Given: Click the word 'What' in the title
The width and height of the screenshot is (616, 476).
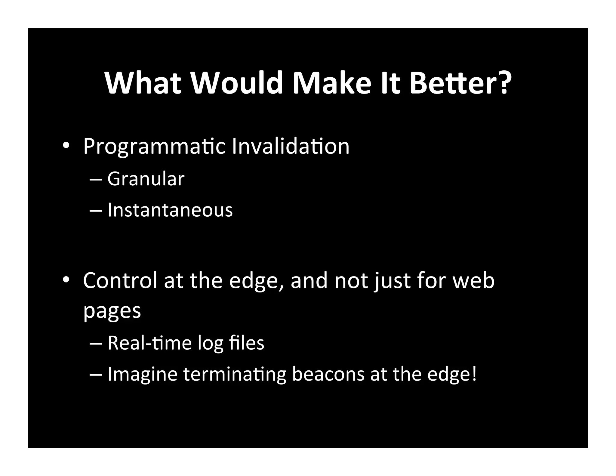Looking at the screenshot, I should (x=143, y=83).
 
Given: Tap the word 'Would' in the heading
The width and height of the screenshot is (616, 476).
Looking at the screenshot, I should (x=236, y=83).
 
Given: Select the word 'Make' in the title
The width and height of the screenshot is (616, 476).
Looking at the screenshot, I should (x=332, y=83).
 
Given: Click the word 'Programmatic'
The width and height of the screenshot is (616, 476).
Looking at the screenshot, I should (x=154, y=147).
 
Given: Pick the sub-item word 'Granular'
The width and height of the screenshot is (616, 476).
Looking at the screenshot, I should (x=146, y=179).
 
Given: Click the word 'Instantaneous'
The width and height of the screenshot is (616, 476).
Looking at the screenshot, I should (x=170, y=210).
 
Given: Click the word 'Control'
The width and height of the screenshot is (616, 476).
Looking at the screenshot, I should (x=120, y=280).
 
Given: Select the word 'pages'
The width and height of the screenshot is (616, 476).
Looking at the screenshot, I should (x=112, y=311).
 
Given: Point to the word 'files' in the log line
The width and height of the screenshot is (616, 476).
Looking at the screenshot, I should (x=246, y=343).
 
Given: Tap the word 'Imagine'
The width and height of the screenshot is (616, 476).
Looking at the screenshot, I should (x=142, y=374).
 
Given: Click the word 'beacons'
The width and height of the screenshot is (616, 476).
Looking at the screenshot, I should (x=328, y=374).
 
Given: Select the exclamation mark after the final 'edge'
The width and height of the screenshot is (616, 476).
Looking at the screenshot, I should (x=474, y=374).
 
